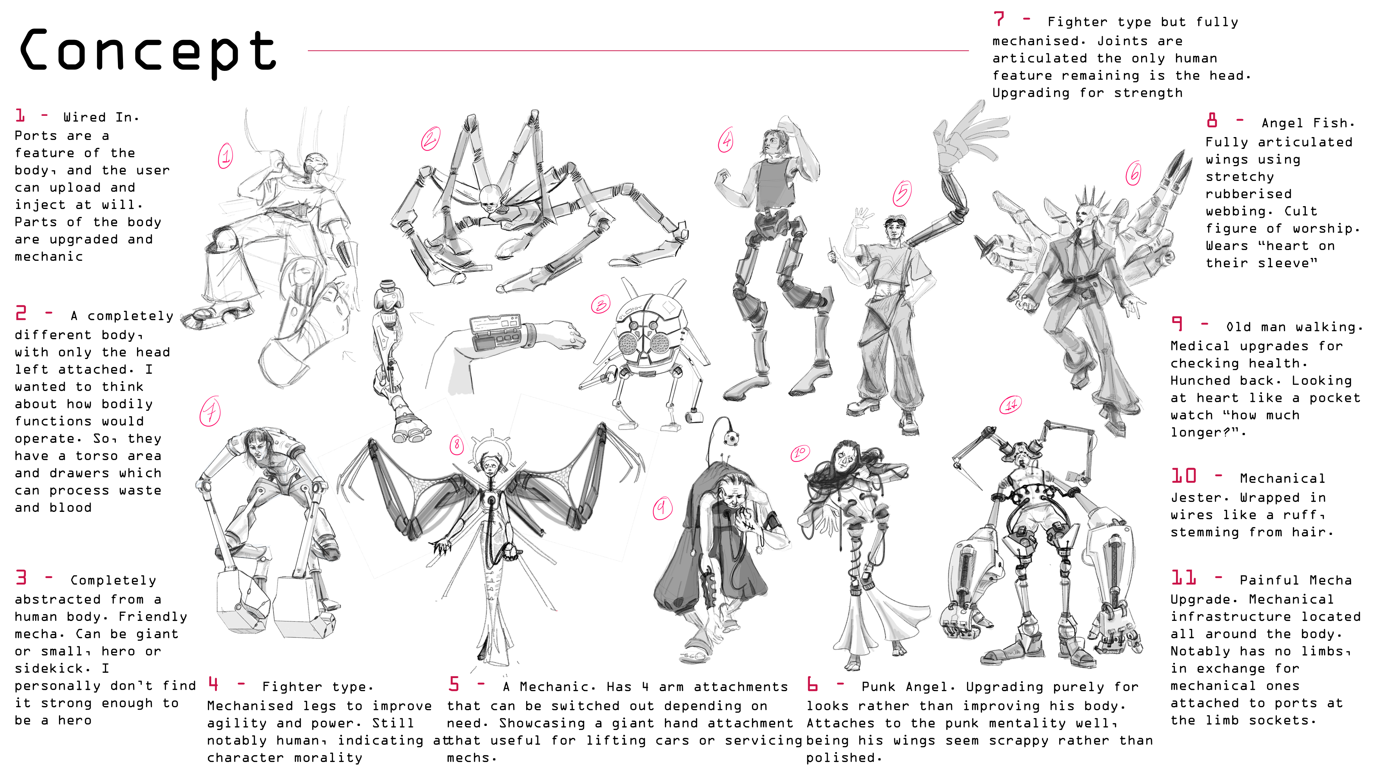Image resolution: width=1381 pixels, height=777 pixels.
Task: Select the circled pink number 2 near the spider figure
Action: (x=430, y=139)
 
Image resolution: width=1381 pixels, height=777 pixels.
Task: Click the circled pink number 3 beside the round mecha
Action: (x=601, y=305)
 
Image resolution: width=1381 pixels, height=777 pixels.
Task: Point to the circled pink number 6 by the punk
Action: (x=1133, y=173)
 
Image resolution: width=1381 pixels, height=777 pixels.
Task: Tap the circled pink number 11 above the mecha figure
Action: (x=1011, y=404)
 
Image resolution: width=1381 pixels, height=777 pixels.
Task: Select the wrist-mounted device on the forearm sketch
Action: (x=496, y=332)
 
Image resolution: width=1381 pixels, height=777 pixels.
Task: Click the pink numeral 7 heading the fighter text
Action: (x=998, y=19)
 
